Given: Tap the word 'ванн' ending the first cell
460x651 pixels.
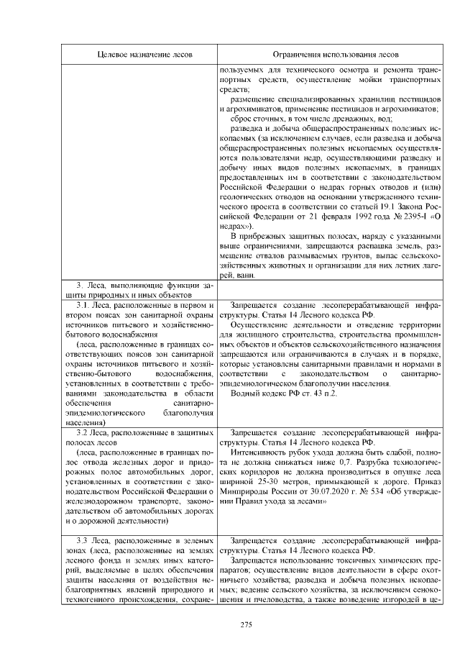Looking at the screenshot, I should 245,276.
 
